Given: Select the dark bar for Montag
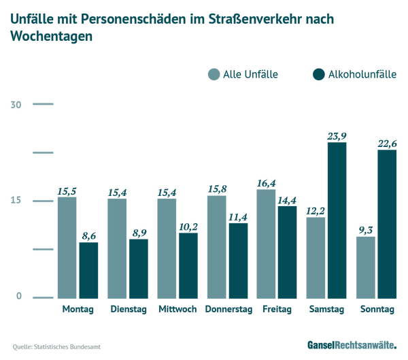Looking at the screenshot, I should click(88, 269).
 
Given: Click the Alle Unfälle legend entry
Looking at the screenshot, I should click(243, 74).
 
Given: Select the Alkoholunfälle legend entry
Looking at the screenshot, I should click(354, 74).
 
